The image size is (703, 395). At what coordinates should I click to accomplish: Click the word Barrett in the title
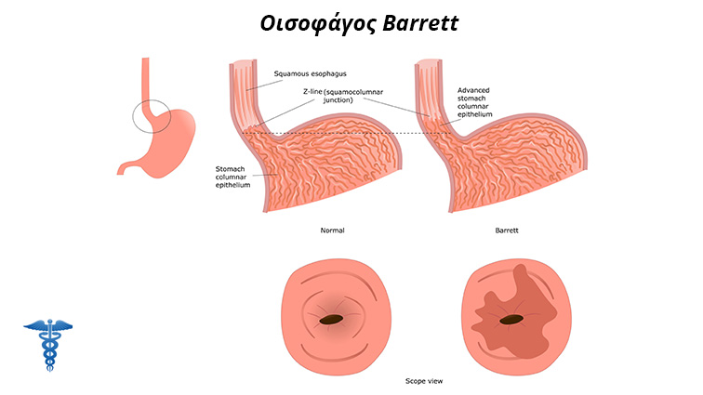point(421,23)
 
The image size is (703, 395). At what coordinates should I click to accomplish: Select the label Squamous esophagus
point(311,73)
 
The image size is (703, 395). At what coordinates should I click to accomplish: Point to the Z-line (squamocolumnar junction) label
point(343,96)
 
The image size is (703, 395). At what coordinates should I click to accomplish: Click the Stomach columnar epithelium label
point(232,178)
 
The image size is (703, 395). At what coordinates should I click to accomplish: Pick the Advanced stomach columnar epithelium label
point(475,102)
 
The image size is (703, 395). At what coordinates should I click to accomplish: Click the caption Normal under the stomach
point(332,230)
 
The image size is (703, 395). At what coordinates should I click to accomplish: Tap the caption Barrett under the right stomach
point(507,230)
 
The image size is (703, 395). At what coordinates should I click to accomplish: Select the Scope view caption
point(424,381)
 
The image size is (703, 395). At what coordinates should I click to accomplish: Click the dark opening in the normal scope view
point(331,320)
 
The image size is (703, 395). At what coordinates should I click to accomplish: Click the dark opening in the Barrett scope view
point(511,320)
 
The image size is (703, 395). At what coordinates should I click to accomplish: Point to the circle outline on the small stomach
point(133,116)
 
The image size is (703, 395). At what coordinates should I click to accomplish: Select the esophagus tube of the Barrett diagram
point(429,89)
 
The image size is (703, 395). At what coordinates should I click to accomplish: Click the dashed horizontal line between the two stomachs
point(346,133)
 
